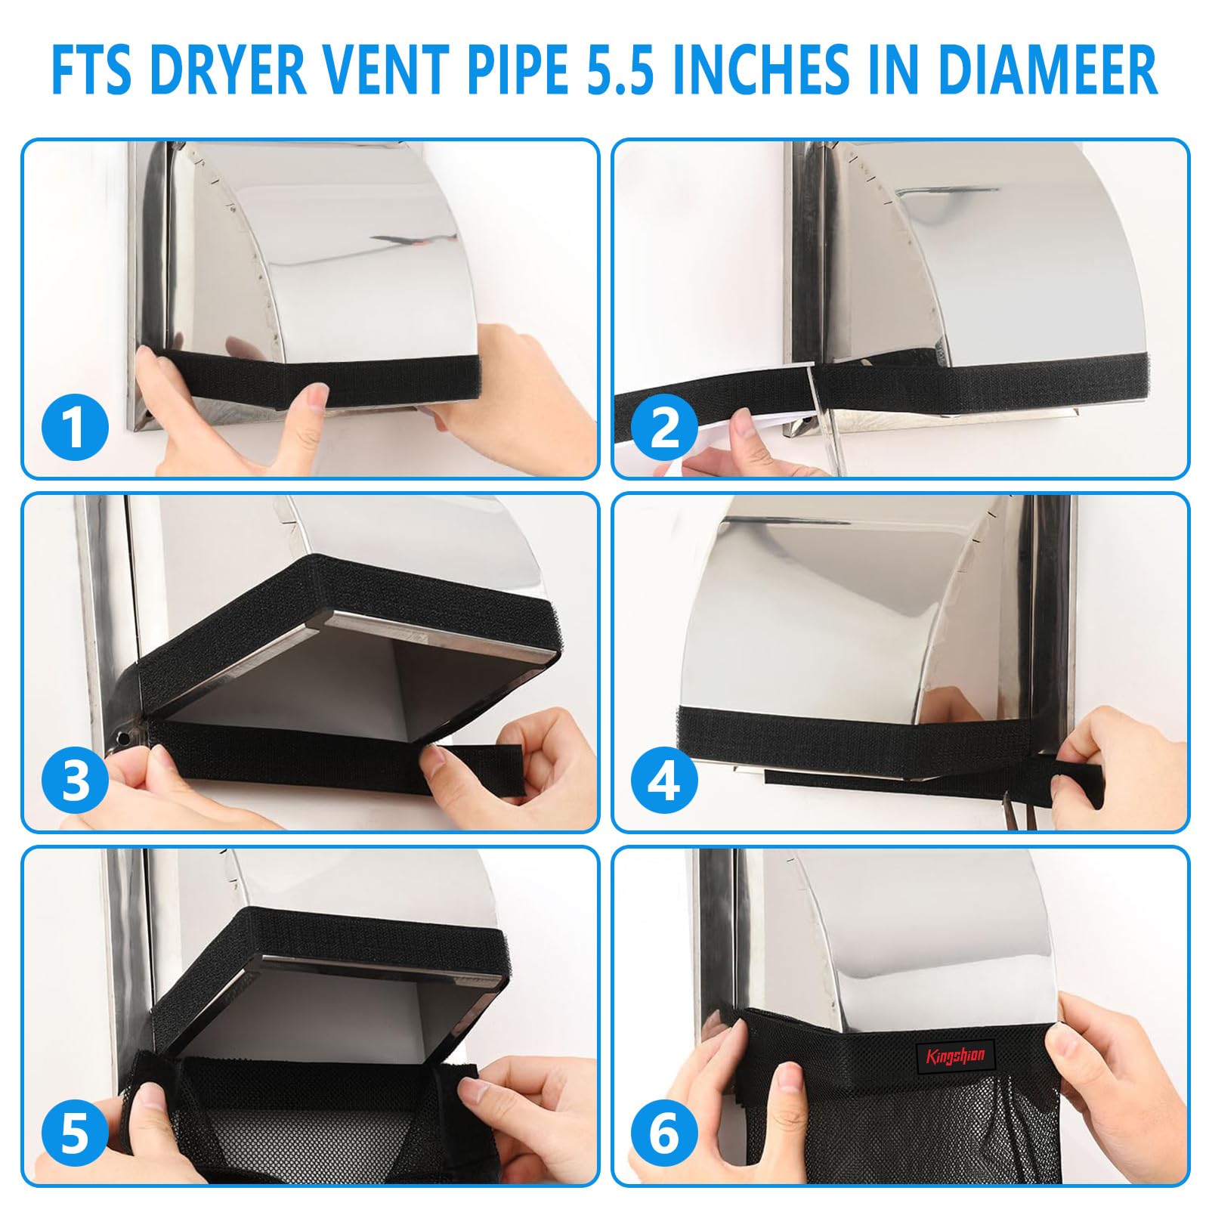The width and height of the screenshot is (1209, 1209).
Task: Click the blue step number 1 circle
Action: (74, 427)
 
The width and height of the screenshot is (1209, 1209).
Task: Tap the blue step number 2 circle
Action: (665, 427)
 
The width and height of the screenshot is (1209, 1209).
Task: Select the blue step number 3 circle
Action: (74, 781)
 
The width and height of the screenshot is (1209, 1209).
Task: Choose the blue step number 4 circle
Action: (665, 781)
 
